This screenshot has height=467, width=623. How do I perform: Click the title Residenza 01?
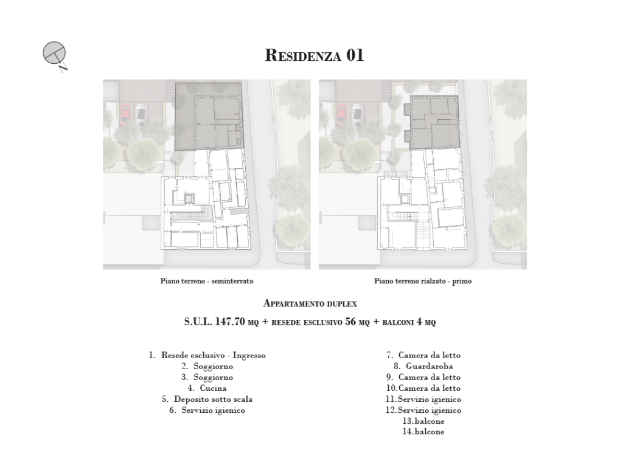point(315,55)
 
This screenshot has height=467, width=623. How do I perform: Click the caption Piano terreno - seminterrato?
point(207,281)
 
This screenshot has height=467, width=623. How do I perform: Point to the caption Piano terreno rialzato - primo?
point(423,281)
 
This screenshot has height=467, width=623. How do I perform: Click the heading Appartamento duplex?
point(310,304)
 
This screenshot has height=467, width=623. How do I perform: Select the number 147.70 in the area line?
point(230,322)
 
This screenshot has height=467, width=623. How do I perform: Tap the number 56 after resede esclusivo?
point(350,322)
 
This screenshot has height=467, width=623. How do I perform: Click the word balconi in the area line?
point(398,322)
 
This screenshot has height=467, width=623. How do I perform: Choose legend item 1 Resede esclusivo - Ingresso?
point(207,355)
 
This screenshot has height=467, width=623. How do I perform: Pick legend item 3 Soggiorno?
point(207,377)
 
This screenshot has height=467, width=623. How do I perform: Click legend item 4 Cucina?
point(207,389)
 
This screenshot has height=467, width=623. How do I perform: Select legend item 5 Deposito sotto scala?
point(207,399)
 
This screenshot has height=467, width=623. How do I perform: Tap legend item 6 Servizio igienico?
point(207,410)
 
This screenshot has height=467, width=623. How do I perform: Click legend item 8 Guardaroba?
point(423,366)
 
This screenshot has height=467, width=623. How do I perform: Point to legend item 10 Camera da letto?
point(423,389)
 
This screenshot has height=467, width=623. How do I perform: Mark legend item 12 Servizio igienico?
point(423,410)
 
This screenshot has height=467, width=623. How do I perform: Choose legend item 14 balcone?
point(423,432)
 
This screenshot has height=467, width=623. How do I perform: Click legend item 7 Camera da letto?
point(423,355)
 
